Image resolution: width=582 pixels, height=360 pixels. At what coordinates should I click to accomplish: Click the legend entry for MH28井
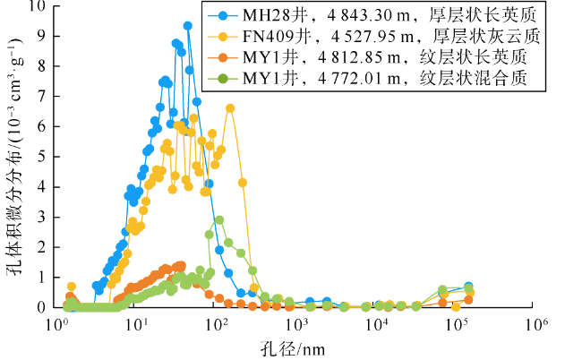point(367,15)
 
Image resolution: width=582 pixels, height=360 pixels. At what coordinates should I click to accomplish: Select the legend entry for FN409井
point(367,36)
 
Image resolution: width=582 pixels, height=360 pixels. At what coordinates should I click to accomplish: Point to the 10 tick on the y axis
point(37,5)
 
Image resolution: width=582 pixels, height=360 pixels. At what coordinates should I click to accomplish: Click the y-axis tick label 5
point(40,156)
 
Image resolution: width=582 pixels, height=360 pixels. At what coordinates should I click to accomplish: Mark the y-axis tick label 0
point(40,307)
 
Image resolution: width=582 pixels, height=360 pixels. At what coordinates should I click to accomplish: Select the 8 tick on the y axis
point(40,65)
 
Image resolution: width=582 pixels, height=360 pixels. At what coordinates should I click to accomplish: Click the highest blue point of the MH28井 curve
point(188,26)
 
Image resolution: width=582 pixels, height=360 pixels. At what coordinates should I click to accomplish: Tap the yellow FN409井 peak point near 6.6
point(230,108)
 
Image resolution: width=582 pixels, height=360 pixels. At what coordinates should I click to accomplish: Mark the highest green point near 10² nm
point(218,220)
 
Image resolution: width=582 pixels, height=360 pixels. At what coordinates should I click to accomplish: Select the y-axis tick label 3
point(40,217)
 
